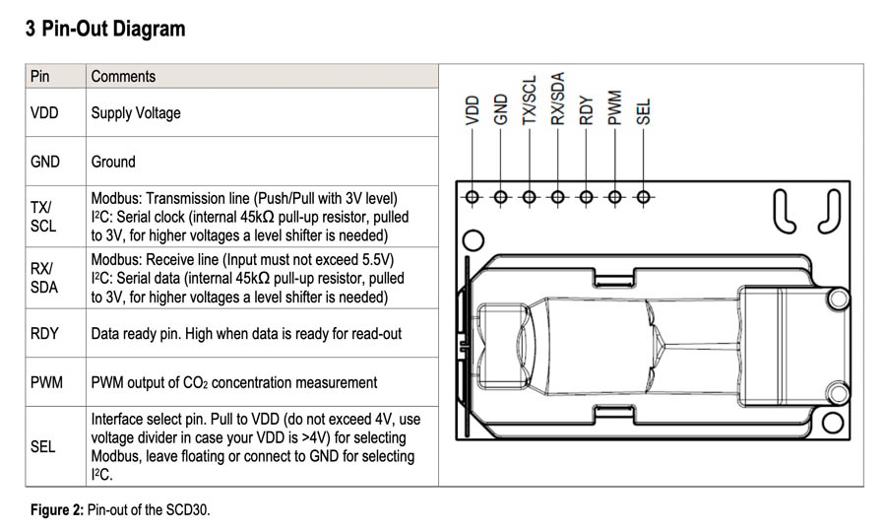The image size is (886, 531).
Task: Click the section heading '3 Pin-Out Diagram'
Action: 105,29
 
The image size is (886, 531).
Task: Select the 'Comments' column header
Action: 123,76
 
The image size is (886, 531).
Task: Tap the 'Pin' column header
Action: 39,76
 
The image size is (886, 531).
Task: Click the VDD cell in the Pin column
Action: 44,112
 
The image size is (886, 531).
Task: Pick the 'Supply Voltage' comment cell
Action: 136,113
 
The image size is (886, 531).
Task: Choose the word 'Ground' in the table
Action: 113,162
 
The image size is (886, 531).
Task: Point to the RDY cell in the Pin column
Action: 44,333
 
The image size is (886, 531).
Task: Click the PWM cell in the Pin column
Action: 46,382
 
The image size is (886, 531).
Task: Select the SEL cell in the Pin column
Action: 42,446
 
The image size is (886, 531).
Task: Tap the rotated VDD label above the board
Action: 472,110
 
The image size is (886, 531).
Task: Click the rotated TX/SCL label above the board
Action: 529,100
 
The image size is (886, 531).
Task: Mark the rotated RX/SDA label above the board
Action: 558,99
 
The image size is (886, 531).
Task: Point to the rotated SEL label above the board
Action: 643,111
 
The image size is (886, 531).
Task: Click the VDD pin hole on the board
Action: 472,197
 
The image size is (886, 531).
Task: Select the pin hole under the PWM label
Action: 614,197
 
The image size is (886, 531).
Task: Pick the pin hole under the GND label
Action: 500,197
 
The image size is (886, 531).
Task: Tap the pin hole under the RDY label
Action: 586,197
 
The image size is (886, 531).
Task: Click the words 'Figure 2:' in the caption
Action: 57,509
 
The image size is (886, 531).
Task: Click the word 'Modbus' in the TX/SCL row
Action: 116,198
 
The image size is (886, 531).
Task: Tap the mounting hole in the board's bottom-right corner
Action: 832,422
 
